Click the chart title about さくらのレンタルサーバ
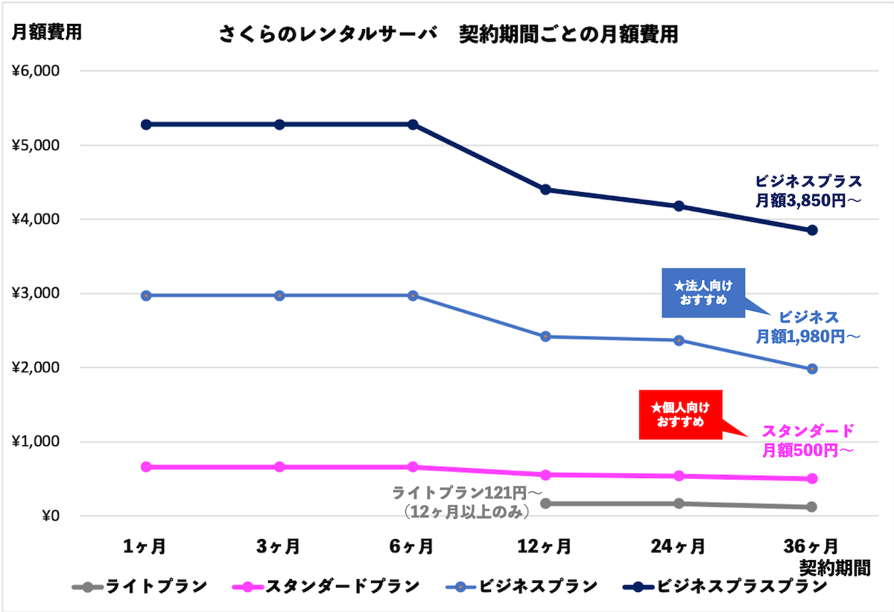click(448, 34)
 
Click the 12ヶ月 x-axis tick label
click(545, 546)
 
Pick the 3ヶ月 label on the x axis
click(279, 546)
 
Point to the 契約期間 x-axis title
click(834, 568)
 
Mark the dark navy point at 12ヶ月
click(545, 190)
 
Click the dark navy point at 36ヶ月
click(812, 230)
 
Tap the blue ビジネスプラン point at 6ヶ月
click(412, 296)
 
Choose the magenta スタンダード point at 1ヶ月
click(146, 467)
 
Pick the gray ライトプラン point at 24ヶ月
click(679, 503)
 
